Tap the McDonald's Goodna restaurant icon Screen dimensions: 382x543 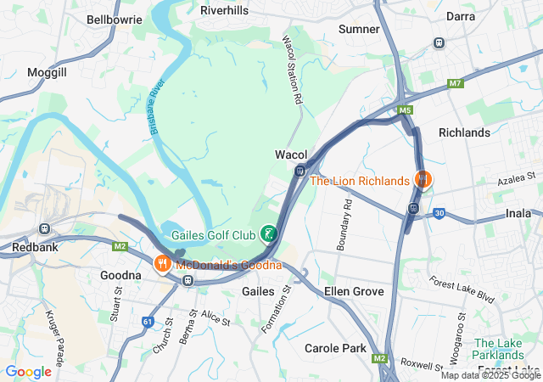pyautogui.click(x=161, y=264)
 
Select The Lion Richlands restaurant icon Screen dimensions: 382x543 pyautogui.click(x=422, y=180)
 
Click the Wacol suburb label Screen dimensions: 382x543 pyautogui.click(x=290, y=154)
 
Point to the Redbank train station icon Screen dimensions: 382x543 pyautogui.click(x=43, y=228)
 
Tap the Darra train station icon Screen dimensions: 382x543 pyautogui.click(x=439, y=42)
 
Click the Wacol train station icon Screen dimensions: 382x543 pyautogui.click(x=299, y=170)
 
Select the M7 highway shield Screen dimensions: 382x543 pyautogui.click(x=456, y=83)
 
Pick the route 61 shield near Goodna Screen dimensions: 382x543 pyautogui.click(x=148, y=322)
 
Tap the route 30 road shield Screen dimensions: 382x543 pyautogui.click(x=439, y=214)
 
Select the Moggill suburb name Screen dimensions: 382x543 pyautogui.click(x=47, y=73)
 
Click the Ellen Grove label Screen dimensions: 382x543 pyautogui.click(x=355, y=292)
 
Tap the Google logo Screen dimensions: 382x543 pyautogui.click(x=28, y=371)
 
